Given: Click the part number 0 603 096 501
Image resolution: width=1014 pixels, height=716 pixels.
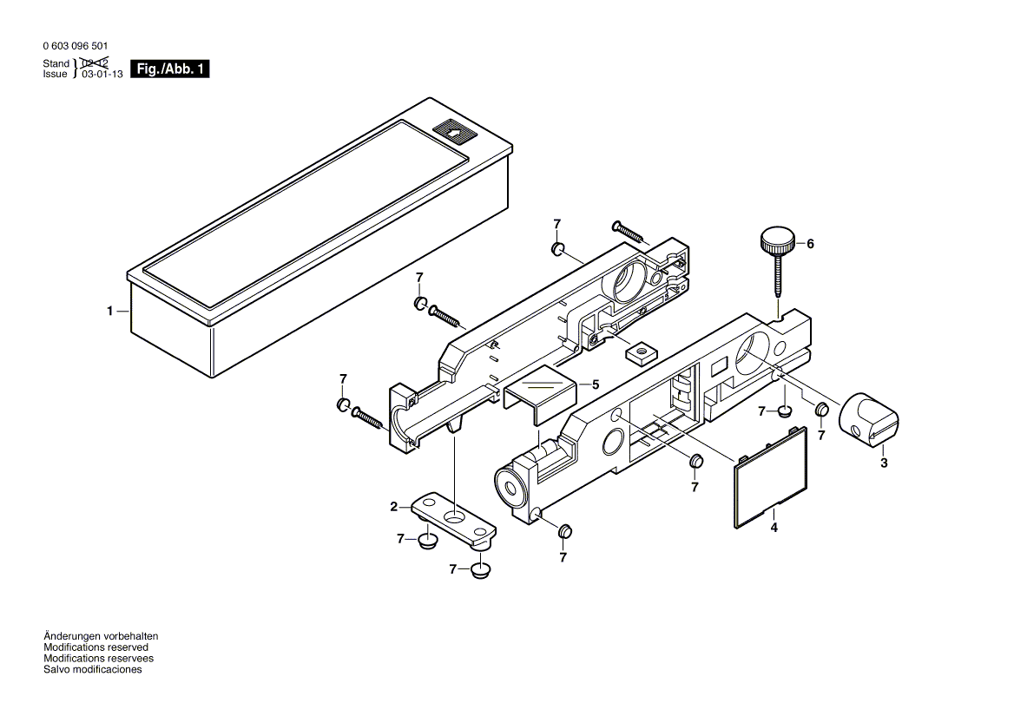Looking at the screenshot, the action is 76,47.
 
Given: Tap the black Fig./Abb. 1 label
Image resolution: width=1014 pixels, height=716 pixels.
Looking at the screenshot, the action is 170,69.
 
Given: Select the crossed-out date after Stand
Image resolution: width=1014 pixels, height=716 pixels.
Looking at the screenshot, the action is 95,62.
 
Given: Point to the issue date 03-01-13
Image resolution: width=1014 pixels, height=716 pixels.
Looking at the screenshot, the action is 102,75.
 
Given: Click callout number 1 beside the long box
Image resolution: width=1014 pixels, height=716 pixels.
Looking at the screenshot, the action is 110,311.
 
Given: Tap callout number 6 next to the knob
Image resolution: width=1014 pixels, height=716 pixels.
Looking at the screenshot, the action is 810,244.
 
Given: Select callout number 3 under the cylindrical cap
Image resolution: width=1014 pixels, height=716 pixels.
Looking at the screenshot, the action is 884,463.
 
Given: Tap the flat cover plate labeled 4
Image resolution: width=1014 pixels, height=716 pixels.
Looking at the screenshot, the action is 771,478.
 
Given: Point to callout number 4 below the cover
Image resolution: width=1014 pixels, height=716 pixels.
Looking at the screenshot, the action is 774,528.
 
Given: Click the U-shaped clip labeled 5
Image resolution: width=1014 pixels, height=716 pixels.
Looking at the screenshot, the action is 540,394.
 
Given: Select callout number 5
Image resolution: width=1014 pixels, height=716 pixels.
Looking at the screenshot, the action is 596,385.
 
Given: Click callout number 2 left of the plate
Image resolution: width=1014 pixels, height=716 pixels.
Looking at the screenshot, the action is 394,507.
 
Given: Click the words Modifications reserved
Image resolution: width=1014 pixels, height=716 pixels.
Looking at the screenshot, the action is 95,647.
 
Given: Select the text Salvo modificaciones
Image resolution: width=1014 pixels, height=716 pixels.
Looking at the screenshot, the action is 93,669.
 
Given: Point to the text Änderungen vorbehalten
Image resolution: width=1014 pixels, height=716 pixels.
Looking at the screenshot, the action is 101,636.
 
